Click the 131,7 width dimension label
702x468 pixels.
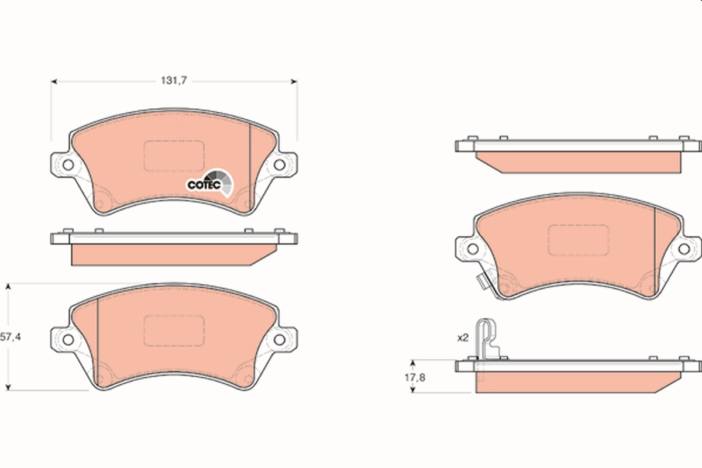[174, 81]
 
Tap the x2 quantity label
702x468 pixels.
[463, 338]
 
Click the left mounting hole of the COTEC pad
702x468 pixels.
[68, 164]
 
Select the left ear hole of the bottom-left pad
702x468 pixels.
[68, 339]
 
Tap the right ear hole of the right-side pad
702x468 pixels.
[683, 249]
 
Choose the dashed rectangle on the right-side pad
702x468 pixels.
[578, 240]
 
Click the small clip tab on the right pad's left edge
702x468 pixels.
[481, 283]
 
